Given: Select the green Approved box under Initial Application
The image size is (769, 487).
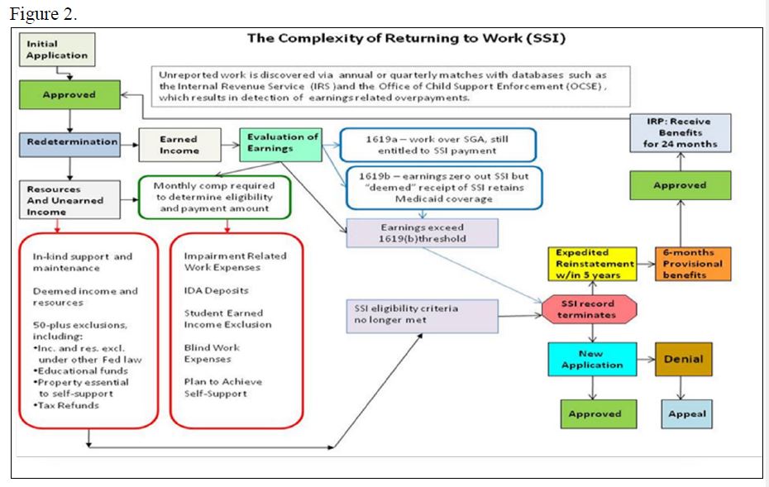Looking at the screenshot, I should pos(69,95).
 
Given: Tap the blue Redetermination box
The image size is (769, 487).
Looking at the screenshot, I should pos(72,142).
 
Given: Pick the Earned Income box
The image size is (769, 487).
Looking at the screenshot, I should pos(179,145).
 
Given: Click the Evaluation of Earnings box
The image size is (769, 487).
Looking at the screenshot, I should pos(282,142).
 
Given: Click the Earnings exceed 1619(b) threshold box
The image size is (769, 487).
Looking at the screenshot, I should pos(423,233).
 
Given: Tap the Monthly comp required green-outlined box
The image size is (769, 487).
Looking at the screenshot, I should pos(214,198).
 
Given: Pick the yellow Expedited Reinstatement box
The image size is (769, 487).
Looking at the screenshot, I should pos(595,264).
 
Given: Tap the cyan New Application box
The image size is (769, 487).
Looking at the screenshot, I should pos(591,360).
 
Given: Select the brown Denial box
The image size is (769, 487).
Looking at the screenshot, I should pos(684,360).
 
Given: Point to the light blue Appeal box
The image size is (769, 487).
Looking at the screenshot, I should pos(686,413).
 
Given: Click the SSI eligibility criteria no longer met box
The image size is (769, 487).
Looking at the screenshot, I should pos(423,315).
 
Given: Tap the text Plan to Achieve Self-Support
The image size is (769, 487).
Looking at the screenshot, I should pos(223,387).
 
